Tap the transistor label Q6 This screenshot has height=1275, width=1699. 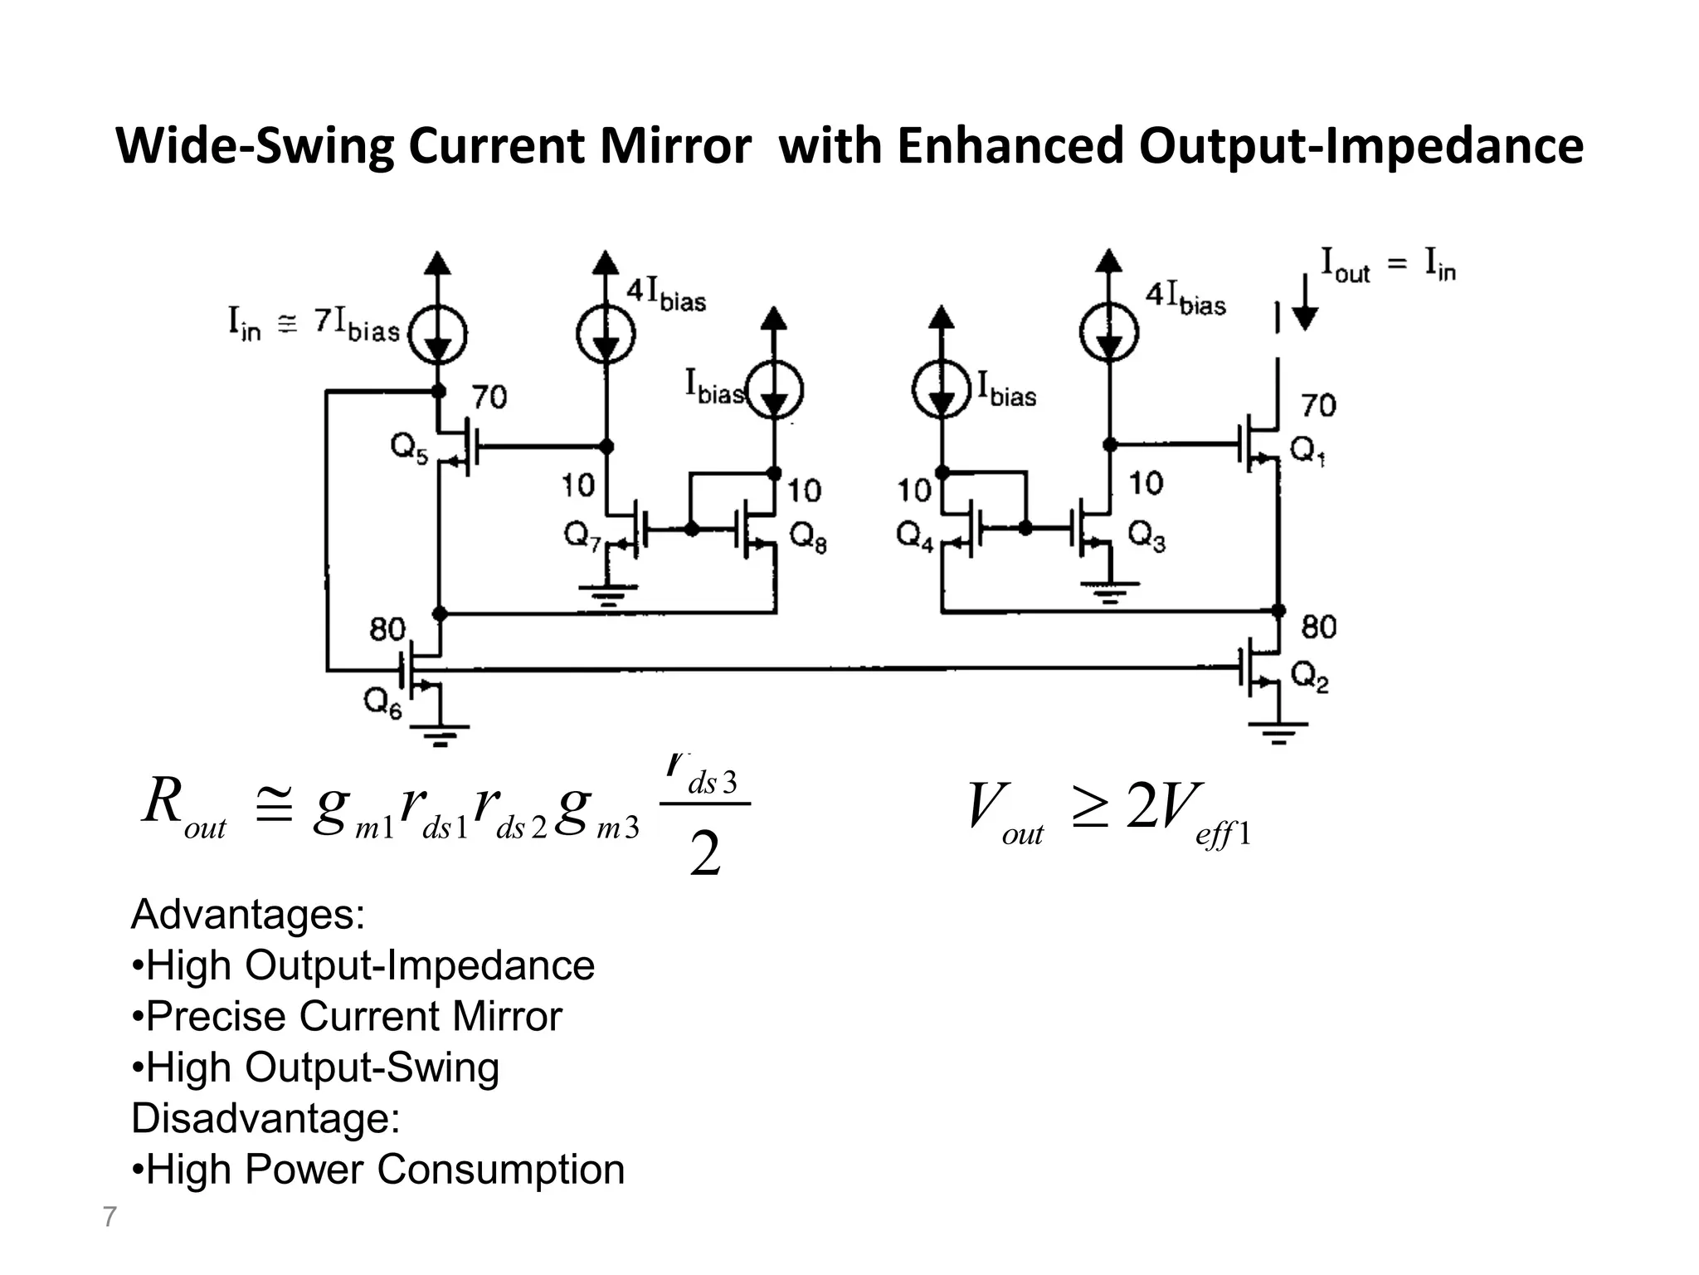point(383,705)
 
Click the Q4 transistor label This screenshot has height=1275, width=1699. point(915,537)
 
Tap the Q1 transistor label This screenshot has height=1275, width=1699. point(1307,451)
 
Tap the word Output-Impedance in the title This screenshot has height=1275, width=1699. point(1361,146)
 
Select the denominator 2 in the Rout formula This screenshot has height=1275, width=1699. point(705,855)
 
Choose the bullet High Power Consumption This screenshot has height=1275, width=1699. point(378,1169)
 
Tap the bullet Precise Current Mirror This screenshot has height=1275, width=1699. point(347,1016)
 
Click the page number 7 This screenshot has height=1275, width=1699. point(110,1217)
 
